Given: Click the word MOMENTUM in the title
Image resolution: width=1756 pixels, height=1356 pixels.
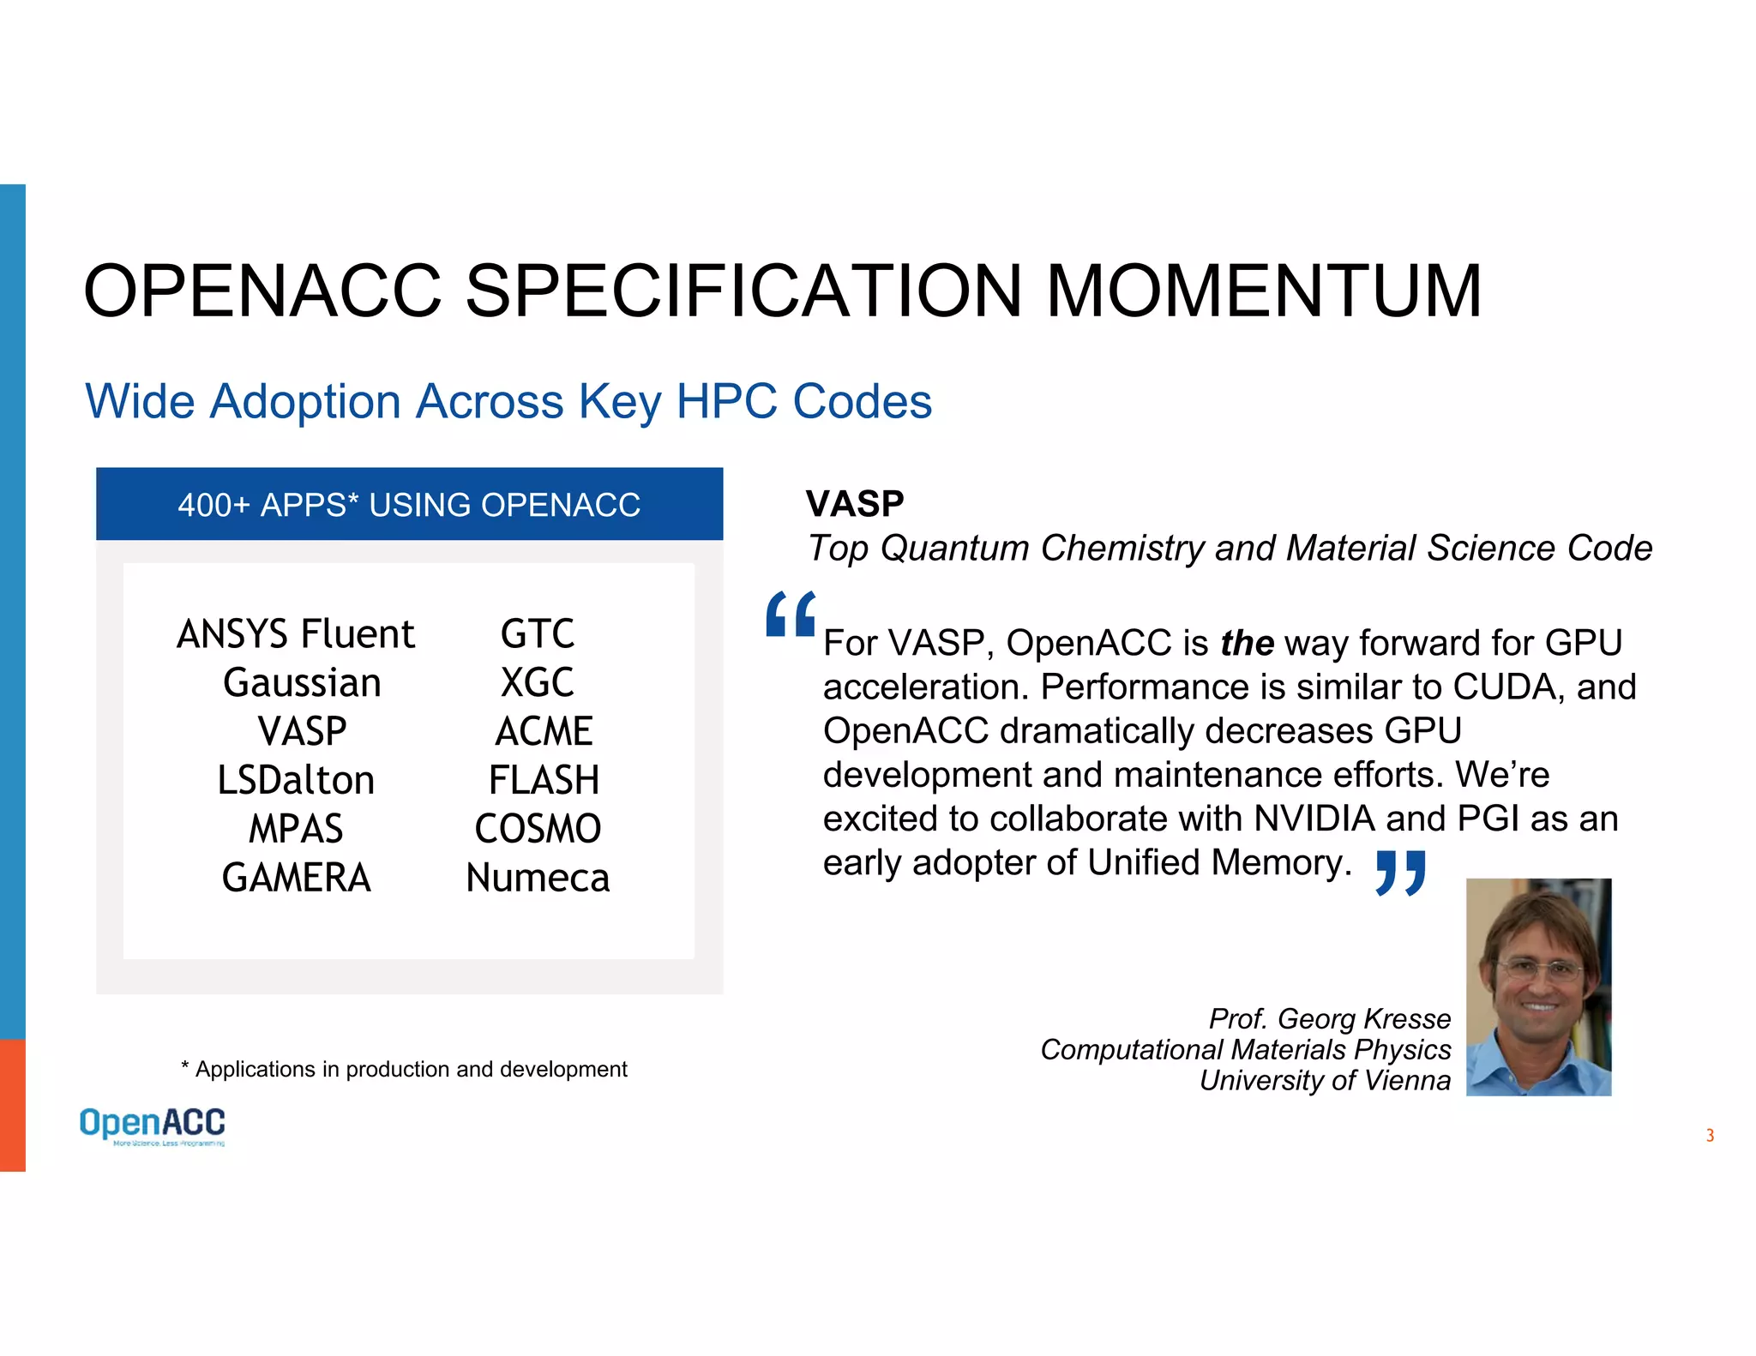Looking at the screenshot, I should [1264, 291].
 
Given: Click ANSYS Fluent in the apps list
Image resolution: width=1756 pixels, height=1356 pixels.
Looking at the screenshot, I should [296, 634].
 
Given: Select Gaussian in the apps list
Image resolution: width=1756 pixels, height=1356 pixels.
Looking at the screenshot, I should [302, 683].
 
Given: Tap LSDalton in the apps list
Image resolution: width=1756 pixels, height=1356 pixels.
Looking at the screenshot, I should [296, 781].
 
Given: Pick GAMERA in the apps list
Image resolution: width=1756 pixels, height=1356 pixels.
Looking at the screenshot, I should [296, 878].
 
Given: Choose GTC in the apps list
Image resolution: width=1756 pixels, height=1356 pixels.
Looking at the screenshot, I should [538, 634].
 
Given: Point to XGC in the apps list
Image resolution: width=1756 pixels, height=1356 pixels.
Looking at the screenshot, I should [538, 683].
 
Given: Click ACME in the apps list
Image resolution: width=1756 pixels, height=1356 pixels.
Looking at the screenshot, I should [544, 732].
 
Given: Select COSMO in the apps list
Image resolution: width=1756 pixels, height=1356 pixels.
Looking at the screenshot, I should [538, 829].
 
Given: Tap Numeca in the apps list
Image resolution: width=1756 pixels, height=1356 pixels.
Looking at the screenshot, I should [538, 878].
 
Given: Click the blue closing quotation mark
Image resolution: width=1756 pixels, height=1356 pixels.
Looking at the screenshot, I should [1400, 873].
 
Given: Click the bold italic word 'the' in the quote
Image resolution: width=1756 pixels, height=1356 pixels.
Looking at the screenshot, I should [1247, 643].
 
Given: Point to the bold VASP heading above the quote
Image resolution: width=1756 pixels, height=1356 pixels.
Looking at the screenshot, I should [855, 504].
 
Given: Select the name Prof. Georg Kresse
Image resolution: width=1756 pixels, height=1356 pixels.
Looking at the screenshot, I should [1329, 1018].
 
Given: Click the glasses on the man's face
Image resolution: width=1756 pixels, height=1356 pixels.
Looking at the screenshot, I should [1538, 972].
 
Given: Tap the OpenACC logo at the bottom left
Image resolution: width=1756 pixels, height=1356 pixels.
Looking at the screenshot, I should [153, 1125].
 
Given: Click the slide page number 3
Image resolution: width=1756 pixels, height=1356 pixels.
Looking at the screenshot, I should [1710, 1136].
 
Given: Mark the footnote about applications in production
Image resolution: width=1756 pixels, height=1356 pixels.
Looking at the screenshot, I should [404, 1069].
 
